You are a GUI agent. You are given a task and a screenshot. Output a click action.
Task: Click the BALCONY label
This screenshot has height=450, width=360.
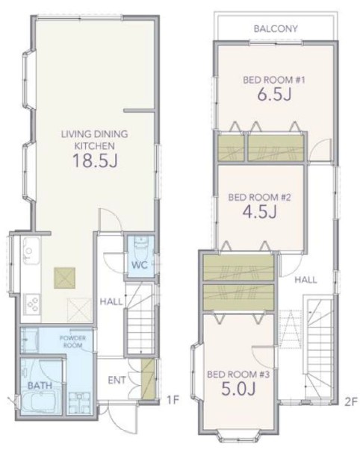[276, 28]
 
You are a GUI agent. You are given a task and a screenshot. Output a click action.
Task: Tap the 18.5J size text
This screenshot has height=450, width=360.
[95, 160]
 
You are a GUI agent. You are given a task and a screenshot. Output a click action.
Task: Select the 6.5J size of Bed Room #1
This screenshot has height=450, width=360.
[274, 94]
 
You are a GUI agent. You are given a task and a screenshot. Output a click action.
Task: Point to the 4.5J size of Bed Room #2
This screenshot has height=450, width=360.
[259, 211]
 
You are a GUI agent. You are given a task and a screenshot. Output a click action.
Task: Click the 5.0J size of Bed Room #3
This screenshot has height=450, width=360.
[238, 388]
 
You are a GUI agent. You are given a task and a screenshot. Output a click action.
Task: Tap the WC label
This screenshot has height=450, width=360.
[140, 265]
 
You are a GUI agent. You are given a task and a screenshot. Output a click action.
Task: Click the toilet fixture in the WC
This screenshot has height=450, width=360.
[141, 247]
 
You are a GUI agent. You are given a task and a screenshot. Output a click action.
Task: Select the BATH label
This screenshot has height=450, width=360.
[40, 385]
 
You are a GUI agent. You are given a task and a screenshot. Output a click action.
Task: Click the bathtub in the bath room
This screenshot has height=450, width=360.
[40, 403]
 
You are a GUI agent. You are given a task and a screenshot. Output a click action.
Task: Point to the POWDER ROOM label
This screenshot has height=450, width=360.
[72, 342]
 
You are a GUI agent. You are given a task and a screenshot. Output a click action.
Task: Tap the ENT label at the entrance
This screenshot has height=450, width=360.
[117, 381]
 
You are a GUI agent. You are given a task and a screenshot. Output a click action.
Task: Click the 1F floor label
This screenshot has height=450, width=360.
[173, 400]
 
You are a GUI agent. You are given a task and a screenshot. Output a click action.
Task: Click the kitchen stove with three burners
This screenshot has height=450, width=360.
[32, 304]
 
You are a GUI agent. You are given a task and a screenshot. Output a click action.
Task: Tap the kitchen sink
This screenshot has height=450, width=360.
[31, 250]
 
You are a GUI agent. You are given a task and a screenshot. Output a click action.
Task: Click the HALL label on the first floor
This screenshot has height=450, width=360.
[111, 301]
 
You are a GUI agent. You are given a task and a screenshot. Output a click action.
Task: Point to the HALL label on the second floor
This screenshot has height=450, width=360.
[306, 280]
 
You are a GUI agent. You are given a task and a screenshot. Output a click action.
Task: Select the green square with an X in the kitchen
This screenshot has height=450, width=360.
[65, 278]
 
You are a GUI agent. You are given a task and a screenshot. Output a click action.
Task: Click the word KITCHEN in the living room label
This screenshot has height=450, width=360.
[95, 146]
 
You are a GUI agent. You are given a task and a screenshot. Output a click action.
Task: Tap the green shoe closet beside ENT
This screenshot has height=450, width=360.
[148, 379]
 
